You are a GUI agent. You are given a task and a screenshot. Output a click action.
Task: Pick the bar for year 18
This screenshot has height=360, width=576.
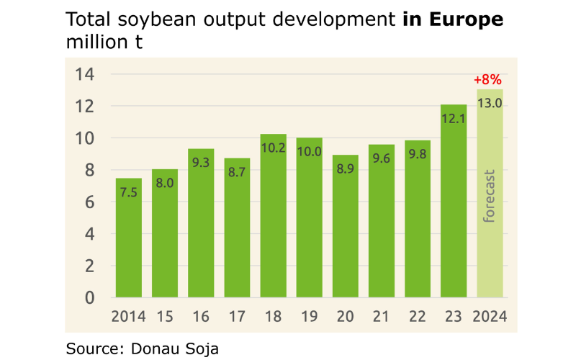[274, 223]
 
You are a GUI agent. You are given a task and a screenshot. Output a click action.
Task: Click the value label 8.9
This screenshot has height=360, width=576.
[346, 170]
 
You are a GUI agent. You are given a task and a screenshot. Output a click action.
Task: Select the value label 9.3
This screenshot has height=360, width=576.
[201, 163]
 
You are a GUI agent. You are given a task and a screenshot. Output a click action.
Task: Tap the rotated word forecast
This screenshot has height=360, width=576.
[490, 197]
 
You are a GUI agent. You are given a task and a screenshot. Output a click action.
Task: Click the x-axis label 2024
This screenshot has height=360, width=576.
[490, 317]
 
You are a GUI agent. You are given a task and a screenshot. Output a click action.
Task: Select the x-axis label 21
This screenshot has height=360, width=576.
[382, 317]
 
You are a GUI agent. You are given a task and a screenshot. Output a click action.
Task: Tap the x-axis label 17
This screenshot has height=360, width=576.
[238, 317]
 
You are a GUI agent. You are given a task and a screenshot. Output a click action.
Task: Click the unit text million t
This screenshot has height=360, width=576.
[104, 42]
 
